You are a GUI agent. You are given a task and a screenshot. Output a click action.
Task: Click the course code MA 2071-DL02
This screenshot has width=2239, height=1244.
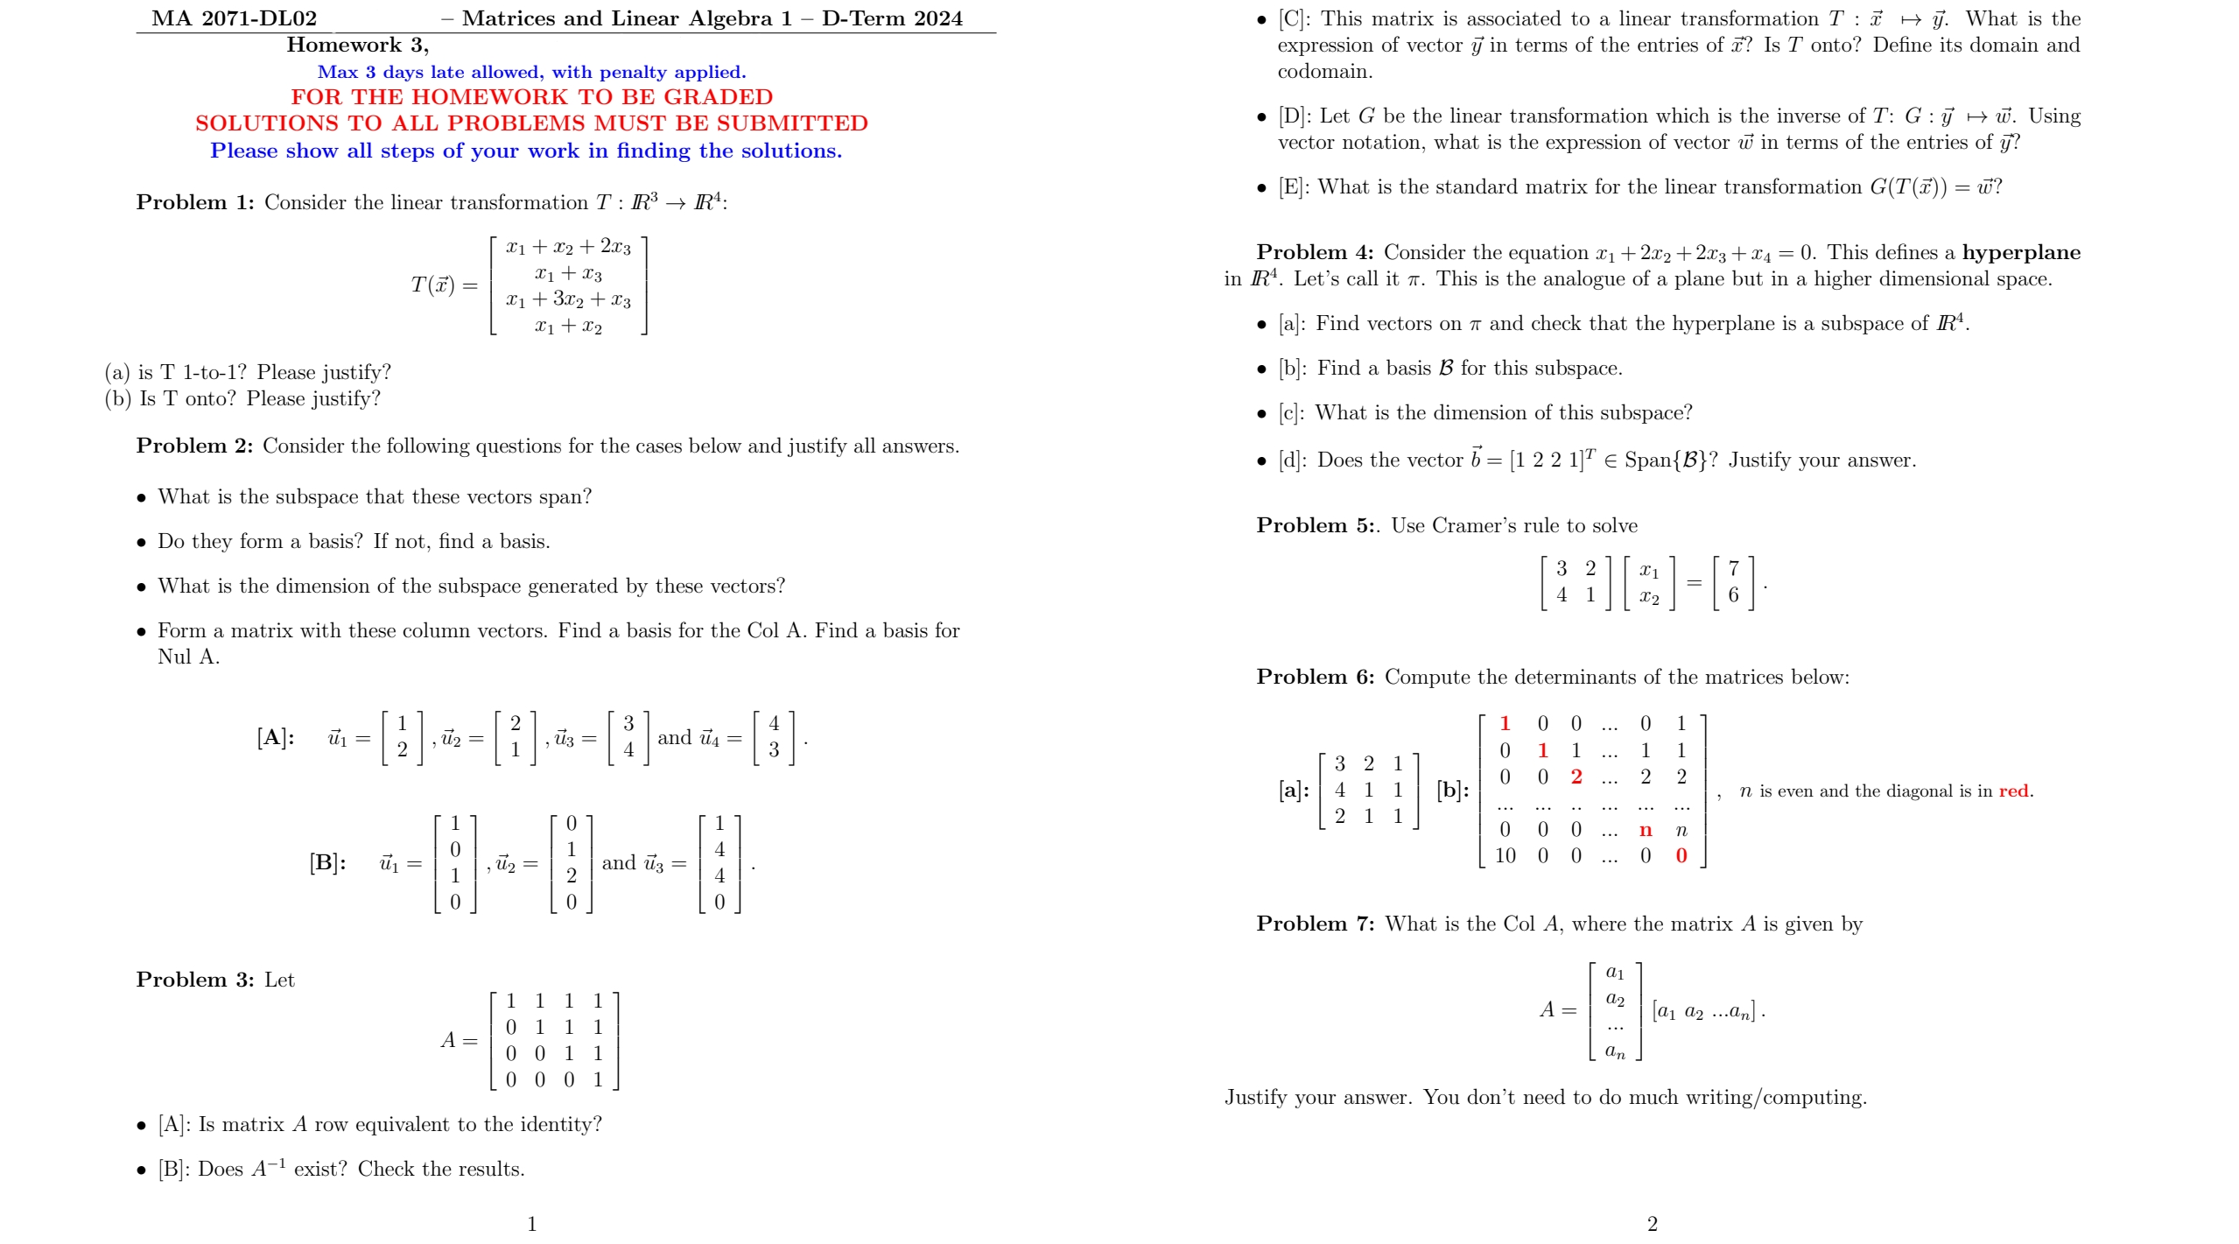(234, 18)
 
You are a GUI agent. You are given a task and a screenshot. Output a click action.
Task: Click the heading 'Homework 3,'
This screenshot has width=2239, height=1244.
(357, 45)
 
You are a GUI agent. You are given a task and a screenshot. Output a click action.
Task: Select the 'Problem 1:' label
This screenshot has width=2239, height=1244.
(194, 202)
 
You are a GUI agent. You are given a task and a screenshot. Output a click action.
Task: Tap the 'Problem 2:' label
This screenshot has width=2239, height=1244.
(194, 446)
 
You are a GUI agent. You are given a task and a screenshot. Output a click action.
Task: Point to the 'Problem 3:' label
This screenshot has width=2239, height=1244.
(194, 980)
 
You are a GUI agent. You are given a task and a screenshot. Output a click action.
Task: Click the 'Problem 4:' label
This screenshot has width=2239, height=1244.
(1315, 252)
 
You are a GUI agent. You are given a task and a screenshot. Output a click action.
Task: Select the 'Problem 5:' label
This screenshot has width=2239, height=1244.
(1315, 525)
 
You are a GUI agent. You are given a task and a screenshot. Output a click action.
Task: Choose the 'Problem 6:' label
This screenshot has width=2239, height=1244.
(1315, 677)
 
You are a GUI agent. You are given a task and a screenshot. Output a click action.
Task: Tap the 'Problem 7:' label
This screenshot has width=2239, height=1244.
(1315, 924)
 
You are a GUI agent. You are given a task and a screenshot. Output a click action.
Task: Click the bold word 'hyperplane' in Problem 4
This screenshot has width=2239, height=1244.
(2021, 252)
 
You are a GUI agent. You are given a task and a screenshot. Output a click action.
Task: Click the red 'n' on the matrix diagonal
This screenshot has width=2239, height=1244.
(1646, 830)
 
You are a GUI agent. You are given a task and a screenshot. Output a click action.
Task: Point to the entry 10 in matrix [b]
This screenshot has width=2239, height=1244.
(1505, 855)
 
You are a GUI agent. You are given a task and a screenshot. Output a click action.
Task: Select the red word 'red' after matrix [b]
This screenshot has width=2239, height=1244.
(2013, 791)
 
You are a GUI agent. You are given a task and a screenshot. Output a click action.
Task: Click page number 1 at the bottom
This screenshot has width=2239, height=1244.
(532, 1223)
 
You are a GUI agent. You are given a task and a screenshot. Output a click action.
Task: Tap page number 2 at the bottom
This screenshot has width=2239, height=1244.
(1652, 1223)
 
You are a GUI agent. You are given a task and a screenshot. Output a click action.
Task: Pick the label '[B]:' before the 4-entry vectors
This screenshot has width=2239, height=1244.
(327, 862)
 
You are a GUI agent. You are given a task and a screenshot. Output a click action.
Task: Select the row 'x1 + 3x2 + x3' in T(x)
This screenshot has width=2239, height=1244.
(568, 299)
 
